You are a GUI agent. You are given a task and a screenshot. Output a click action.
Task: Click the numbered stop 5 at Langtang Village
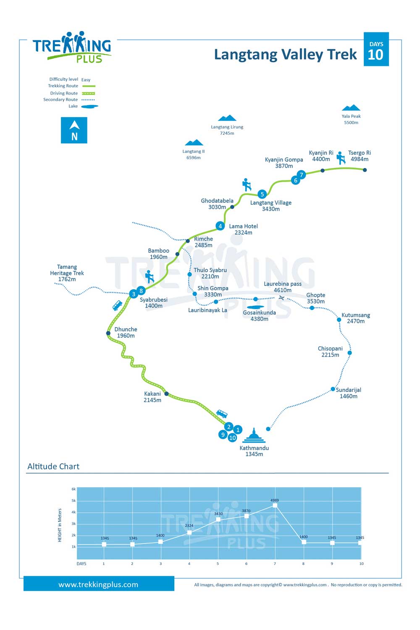pos(262,194)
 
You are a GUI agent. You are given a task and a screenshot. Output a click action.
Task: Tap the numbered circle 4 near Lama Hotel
pos(220,226)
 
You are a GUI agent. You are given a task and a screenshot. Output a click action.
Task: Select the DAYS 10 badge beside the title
pos(376,49)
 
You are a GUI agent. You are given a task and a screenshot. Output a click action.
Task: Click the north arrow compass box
pos(74,130)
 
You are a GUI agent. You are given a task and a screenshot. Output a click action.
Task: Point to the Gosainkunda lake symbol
pos(255,307)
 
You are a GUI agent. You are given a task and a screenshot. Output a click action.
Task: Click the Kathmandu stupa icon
pos(254,436)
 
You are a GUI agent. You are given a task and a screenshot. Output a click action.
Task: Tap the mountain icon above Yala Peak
pos(351,108)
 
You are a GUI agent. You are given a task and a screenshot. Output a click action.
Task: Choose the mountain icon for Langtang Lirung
pos(227,118)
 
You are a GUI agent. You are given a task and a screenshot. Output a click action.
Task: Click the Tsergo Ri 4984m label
pos(360,156)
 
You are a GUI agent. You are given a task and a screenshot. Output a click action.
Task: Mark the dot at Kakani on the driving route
pos(167,394)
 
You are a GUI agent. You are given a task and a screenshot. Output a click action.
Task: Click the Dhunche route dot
pos(108,333)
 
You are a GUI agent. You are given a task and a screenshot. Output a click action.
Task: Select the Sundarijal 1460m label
pos(348,393)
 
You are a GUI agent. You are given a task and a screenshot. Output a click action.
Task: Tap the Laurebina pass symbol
pos(281,298)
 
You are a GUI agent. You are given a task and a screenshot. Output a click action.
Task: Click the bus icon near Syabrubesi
pos(117,305)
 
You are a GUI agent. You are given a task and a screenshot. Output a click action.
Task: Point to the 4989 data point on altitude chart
pos(275,505)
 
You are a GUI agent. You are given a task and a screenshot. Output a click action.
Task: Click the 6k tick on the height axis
pos(73,489)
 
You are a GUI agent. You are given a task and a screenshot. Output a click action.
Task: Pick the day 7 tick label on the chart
pos(275,564)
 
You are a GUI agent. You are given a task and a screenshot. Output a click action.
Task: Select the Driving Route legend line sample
pos(88,93)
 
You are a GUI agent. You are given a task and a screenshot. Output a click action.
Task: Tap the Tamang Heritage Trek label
pos(67,273)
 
